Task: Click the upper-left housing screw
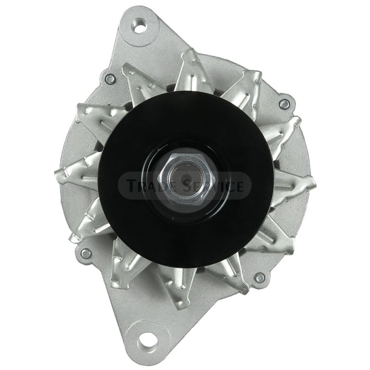(111, 79)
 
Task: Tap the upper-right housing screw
(284, 104)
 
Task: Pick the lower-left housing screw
(86, 253)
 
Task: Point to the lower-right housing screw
(260, 278)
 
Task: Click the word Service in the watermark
(213, 185)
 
